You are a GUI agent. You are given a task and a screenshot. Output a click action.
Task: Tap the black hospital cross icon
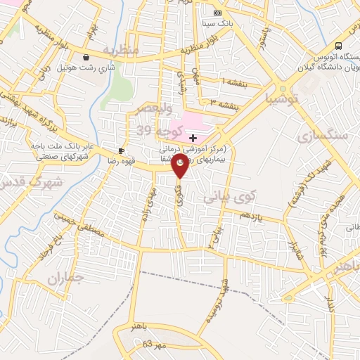coord(193,139)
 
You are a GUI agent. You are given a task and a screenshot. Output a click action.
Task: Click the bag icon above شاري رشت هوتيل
coord(86,58)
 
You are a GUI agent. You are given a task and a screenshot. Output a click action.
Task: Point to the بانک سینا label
coord(216,23)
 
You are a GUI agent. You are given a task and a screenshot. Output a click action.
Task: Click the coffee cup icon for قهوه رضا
coord(121,150)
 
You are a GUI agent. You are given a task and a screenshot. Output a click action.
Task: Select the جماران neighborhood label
coord(65,278)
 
